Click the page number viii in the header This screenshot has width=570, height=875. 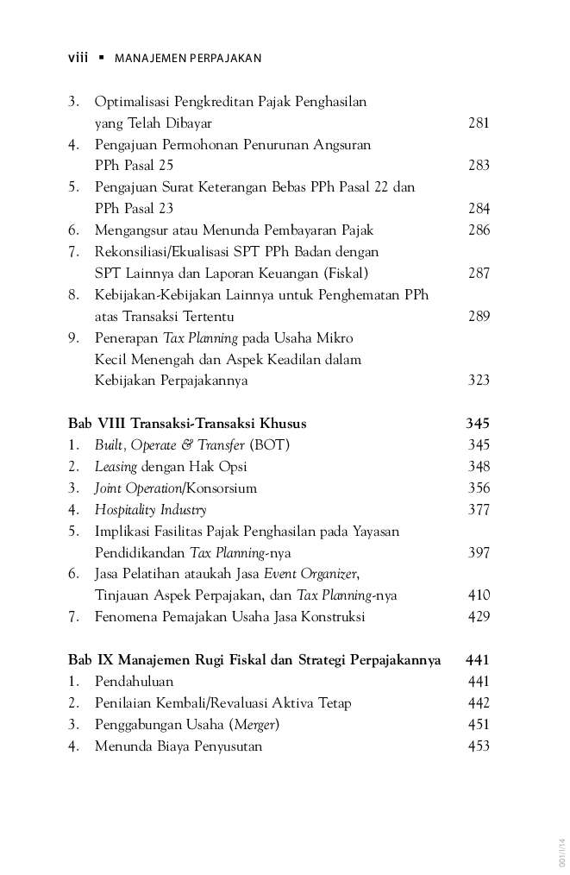click(x=78, y=58)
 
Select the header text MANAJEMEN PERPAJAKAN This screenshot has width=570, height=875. click(x=188, y=59)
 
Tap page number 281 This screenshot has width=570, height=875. click(x=479, y=123)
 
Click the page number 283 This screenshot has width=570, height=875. click(x=479, y=166)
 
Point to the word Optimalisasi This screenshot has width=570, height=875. click(x=133, y=102)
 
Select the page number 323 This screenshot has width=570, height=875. click(x=479, y=381)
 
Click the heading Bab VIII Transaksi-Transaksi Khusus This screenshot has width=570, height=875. click(x=187, y=424)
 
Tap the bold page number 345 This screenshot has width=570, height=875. click(x=477, y=424)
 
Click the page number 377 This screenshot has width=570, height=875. click(x=479, y=510)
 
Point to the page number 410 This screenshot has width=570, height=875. click(x=479, y=595)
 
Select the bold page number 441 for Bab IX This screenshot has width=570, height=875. click(x=477, y=660)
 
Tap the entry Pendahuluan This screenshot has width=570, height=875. click(x=134, y=682)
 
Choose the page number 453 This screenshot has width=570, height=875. click(x=479, y=746)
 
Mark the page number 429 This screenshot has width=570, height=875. click(x=479, y=617)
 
